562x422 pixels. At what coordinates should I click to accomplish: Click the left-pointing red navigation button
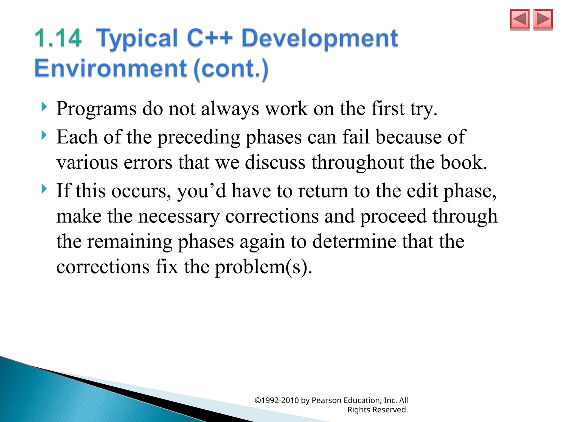tap(519, 19)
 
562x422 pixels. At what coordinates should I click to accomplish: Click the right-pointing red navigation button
tap(543, 19)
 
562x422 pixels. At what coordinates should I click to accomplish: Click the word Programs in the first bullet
tap(96, 109)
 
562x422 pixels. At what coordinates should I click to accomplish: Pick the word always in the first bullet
tap(230, 109)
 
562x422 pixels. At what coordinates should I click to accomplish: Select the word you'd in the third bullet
tap(201, 191)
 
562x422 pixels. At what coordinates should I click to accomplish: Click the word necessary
tap(179, 216)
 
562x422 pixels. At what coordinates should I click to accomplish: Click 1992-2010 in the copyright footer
tap(279, 400)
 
